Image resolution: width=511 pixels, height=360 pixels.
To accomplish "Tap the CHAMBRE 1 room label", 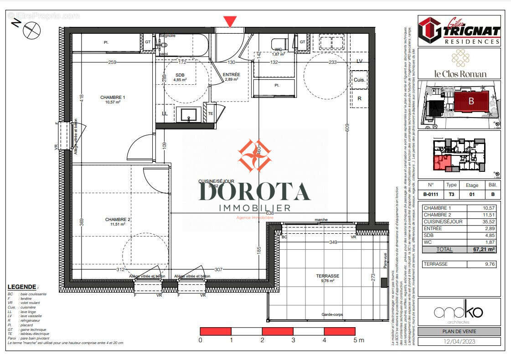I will tap(113, 98).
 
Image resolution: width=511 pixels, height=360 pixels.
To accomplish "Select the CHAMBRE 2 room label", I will tap(118, 220).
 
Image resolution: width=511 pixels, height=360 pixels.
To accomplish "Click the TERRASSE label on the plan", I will tap(328, 276).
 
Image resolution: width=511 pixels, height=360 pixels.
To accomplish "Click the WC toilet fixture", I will tap(279, 44).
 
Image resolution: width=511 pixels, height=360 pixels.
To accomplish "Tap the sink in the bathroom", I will tap(188, 114).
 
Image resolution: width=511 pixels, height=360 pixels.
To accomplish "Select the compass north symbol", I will tap(31, 30).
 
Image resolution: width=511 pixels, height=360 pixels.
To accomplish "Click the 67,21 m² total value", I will tap(484, 249).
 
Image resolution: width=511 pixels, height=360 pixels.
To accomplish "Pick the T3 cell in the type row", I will tap(451, 194).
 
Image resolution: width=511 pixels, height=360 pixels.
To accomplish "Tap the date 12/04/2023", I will tap(459, 341).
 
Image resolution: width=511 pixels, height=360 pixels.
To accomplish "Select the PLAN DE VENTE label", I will tap(459, 332).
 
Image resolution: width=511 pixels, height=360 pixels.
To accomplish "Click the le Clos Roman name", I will tap(459, 74).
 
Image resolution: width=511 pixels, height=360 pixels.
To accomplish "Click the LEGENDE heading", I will tap(22, 287).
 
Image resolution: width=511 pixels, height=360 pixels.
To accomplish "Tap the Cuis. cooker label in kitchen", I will tap(359, 79).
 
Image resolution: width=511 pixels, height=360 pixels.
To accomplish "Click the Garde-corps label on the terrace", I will tap(333, 314).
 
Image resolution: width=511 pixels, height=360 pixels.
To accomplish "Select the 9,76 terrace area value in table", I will tap(490, 264).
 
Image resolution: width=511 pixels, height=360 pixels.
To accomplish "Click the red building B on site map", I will tap(471, 101).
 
